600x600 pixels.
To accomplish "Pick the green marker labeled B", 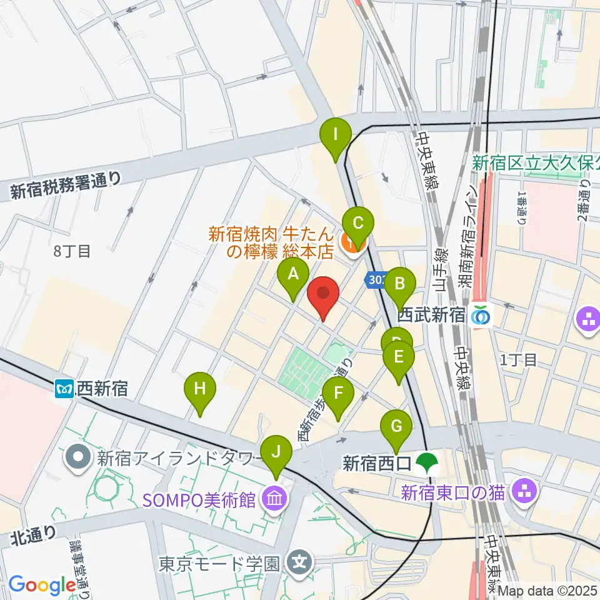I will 399,284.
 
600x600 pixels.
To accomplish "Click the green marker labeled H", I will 199,389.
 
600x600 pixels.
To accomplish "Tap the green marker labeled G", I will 396,427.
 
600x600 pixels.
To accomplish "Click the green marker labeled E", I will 399,358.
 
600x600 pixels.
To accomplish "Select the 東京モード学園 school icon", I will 299,563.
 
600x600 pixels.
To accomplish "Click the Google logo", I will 42,585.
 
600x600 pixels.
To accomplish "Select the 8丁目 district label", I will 72,252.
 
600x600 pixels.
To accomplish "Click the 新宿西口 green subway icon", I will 428,464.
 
